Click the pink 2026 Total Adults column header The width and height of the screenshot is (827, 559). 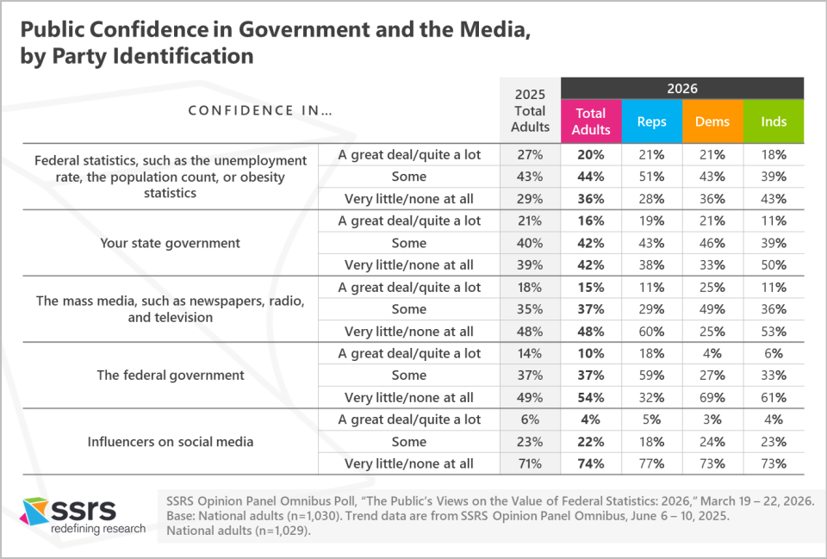coord(591,121)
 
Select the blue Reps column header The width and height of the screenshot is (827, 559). coord(651,121)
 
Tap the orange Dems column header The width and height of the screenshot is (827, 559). coord(712,121)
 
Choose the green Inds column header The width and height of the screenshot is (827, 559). coord(774,121)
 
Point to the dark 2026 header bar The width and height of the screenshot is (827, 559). coord(682,88)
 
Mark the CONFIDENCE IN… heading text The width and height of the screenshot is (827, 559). coord(260,110)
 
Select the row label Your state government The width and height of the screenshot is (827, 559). coord(170,243)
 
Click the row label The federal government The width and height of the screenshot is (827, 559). coord(170,376)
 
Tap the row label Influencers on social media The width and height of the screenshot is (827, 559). coord(170,442)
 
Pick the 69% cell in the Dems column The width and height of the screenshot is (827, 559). coord(712,398)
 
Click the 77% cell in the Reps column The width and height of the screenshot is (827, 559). coord(651,464)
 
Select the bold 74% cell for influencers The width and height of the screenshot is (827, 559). coord(591,464)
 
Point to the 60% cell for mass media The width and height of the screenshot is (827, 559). coord(651,332)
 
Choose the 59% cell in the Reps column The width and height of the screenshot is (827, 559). coord(651,376)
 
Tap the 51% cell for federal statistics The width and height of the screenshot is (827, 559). coord(651,177)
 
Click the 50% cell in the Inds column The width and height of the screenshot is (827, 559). coord(774,265)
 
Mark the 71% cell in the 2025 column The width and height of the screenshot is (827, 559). coord(530,464)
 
